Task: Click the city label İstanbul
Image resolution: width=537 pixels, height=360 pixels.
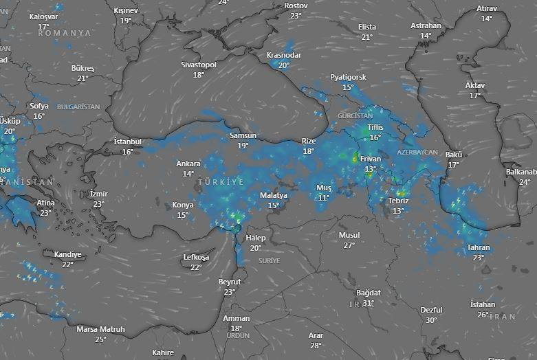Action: click(x=127, y=142)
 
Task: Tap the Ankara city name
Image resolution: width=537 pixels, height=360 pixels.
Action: click(x=188, y=164)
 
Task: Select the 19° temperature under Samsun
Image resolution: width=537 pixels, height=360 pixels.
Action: click(x=243, y=146)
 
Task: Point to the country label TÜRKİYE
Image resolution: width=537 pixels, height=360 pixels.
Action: click(x=220, y=182)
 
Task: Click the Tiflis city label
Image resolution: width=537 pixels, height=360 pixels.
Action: click(x=375, y=128)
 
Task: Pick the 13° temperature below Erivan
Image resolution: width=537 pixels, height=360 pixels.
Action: click(x=371, y=168)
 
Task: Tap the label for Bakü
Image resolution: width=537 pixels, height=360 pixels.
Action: click(x=453, y=155)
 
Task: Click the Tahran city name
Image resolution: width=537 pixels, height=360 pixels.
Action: click(x=478, y=247)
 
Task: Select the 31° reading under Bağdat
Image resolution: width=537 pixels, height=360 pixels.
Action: click(x=368, y=303)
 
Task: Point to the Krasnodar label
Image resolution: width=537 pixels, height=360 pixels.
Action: click(x=284, y=55)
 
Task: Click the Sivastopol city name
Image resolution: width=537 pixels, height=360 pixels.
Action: click(x=199, y=65)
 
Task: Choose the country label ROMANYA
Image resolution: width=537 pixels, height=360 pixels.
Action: click(x=64, y=33)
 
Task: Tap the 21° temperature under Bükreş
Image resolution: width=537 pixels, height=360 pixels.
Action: click(x=83, y=78)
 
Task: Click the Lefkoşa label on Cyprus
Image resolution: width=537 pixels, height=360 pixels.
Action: click(x=196, y=257)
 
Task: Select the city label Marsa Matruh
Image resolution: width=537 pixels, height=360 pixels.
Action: click(x=100, y=329)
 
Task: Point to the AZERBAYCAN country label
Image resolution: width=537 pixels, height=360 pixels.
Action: click(x=417, y=152)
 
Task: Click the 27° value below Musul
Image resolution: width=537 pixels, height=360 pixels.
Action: click(x=349, y=245)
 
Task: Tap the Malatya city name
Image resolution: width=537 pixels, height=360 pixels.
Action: click(x=274, y=195)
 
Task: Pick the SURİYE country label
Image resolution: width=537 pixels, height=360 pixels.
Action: click(x=270, y=261)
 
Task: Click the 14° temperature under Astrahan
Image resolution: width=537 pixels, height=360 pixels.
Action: click(x=426, y=36)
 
